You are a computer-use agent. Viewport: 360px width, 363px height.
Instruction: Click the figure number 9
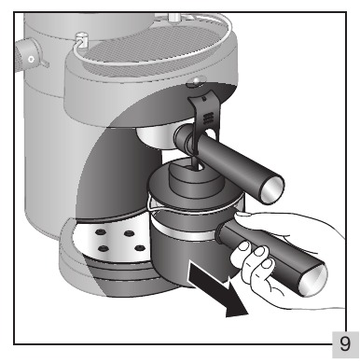point(344,343)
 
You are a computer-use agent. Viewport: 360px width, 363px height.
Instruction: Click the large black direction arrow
point(218,289)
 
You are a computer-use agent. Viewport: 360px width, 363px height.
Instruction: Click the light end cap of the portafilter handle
point(272,189)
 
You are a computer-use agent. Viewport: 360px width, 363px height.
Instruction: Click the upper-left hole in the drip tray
point(100,232)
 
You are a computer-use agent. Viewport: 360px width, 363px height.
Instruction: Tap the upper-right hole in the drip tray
point(129,233)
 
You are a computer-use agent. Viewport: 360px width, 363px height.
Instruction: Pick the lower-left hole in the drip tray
point(103,248)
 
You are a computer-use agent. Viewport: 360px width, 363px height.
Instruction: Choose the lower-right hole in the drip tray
point(140,248)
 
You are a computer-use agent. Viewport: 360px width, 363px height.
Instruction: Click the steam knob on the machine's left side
point(29,55)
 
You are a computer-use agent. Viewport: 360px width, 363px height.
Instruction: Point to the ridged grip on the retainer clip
point(208,119)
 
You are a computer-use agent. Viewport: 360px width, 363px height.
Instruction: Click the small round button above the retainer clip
point(196,82)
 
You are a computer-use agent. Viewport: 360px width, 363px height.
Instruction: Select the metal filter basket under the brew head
point(156,136)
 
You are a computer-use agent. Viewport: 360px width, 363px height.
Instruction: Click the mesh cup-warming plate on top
point(156,47)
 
